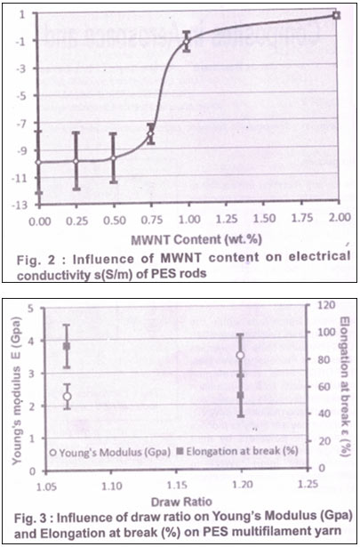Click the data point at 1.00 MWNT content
(188, 42)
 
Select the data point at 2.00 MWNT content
(336, 15)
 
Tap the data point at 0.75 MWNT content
(150, 133)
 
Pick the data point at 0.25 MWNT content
(76, 161)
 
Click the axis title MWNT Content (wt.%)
(196, 239)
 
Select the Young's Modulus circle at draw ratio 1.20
(240, 355)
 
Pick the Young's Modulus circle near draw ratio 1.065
(68, 397)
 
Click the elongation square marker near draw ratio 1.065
(67, 346)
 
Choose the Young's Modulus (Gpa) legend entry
(110, 453)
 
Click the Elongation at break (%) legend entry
(237, 452)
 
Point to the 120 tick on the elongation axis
(326, 305)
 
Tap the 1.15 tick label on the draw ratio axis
(177, 485)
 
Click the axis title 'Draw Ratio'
(181, 502)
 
